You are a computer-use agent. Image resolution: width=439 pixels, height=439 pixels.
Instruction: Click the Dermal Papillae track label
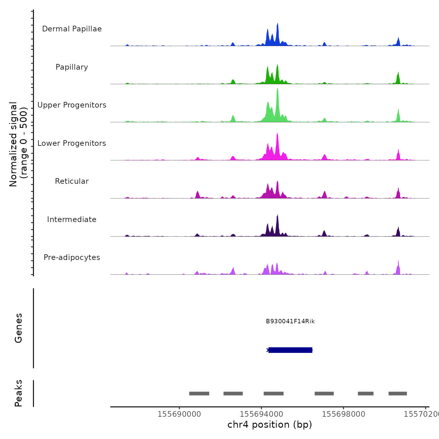tap(72, 29)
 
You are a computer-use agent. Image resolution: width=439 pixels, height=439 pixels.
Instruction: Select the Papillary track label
tap(72, 67)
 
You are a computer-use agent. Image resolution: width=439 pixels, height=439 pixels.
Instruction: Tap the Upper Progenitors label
tap(72, 105)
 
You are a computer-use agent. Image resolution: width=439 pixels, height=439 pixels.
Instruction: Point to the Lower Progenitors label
tap(72, 143)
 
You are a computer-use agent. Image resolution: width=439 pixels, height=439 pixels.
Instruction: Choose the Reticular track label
tap(72, 181)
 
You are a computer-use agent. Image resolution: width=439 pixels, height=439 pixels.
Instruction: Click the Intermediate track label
tap(72, 219)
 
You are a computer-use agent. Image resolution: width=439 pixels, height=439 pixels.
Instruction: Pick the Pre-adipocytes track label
tap(72, 257)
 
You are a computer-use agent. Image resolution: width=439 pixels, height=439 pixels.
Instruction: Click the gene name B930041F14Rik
tap(290, 321)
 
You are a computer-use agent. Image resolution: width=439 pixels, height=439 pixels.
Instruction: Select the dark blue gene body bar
tap(290, 350)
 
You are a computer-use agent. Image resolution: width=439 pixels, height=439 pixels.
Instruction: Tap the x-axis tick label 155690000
tap(179, 414)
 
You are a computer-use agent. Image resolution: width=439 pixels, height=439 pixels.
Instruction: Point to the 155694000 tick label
tap(261, 414)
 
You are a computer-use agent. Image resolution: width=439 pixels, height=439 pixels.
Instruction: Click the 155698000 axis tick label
tap(343, 414)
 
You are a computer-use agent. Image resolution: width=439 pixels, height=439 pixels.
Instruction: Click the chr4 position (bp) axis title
tap(270, 425)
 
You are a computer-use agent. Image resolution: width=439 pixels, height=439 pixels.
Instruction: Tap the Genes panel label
tap(19, 328)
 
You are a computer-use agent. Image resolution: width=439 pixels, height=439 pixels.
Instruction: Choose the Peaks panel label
tap(19, 393)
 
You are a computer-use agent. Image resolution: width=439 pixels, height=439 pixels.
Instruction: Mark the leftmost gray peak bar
tap(199, 394)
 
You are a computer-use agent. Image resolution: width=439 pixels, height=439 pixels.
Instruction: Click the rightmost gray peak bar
tap(398, 394)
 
